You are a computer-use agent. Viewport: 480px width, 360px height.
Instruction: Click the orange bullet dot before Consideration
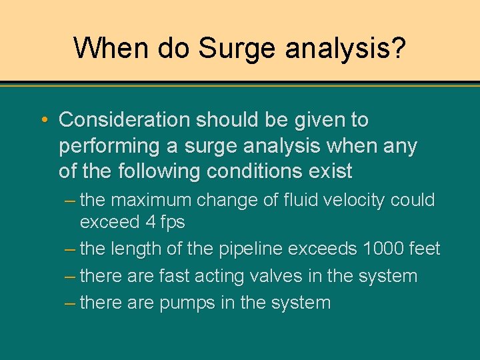tap(44, 121)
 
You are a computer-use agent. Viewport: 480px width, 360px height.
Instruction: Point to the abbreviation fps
tap(173, 223)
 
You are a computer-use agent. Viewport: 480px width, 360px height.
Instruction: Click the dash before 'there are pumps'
tap(70, 303)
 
